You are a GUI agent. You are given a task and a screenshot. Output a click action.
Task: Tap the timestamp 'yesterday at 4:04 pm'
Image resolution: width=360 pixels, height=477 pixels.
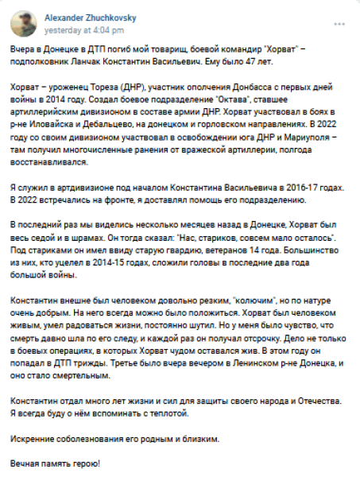coord(81,29)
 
